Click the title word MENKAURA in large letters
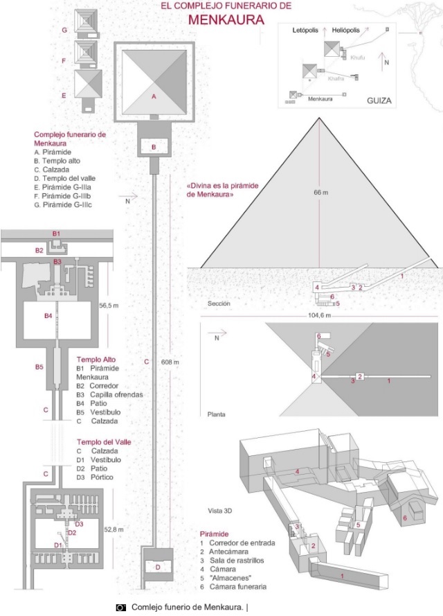[x=226, y=20]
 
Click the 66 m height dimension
[x=320, y=192]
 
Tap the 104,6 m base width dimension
[x=318, y=316]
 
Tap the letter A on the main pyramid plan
[x=154, y=97]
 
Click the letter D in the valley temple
[x=158, y=567]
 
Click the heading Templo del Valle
[x=104, y=441]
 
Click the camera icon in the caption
[x=120, y=607]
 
